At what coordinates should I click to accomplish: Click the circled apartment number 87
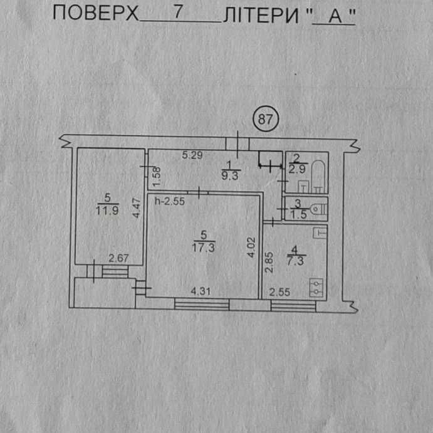tap(266, 119)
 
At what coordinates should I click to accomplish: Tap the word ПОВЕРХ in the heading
tap(95, 13)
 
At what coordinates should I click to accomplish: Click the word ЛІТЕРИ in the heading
tap(263, 14)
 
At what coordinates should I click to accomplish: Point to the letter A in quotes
tap(334, 16)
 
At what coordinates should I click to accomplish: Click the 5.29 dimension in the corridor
tap(193, 155)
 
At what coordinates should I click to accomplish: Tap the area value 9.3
tap(228, 177)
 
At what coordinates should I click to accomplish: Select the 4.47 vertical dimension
tap(136, 207)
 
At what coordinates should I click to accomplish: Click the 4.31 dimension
tap(202, 291)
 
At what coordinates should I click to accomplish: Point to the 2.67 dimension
tap(118, 257)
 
